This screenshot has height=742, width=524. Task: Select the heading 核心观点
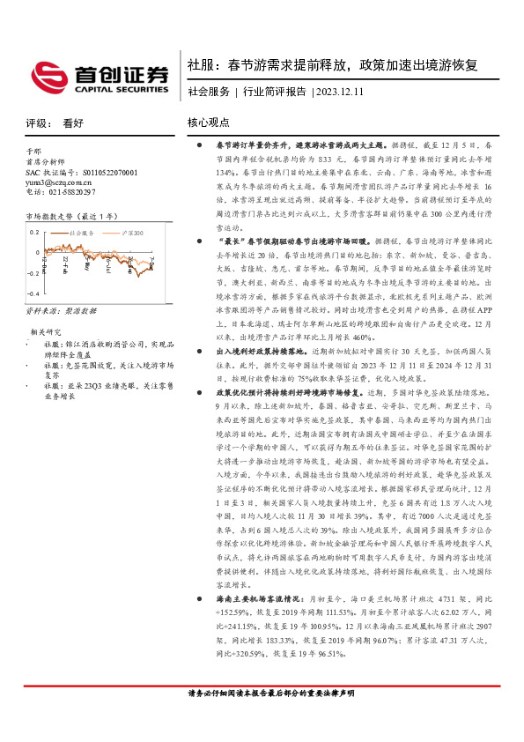coord(209,124)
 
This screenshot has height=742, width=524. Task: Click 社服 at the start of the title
coord(199,65)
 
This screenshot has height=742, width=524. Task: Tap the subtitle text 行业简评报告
coord(274,92)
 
